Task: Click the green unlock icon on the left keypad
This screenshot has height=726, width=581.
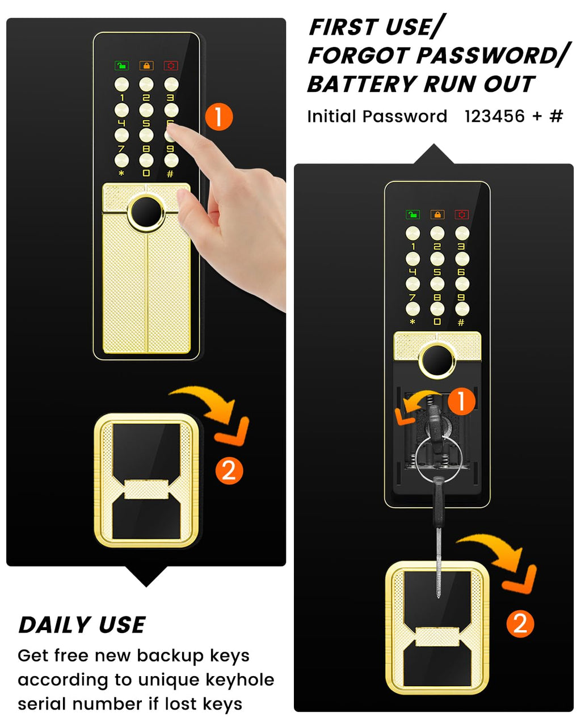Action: pos(121,65)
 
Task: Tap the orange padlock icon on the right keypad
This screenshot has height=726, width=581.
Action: pos(437,214)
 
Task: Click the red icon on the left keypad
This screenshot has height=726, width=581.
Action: pos(171,65)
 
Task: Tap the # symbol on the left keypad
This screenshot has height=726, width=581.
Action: pos(170,174)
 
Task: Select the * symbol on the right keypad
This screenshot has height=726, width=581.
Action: pos(412,322)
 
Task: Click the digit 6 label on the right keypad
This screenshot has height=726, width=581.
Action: pos(461,272)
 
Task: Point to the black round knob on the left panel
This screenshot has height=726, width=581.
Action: pos(146,212)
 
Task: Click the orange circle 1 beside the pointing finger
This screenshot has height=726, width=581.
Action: pos(219,117)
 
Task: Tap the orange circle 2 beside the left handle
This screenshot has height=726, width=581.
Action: pos(229,471)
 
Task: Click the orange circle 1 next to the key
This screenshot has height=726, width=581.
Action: pos(461,402)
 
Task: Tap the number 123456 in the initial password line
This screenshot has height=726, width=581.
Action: pos(495,116)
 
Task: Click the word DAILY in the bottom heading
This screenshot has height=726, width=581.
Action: pos(54,625)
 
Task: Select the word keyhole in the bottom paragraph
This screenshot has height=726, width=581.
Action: pos(240,680)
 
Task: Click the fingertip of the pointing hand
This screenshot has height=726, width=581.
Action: pos(172,127)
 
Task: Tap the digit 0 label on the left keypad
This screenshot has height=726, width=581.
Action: pos(146,173)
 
